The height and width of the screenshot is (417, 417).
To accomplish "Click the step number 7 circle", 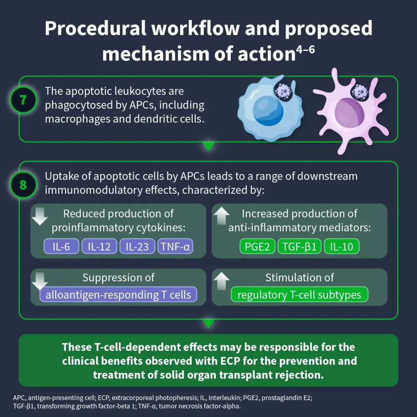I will click(23, 101).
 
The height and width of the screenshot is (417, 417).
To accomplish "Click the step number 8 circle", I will click(23, 184).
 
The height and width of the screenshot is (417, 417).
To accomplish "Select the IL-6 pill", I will click(61, 246).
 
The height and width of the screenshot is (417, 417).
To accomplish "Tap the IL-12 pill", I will click(99, 246).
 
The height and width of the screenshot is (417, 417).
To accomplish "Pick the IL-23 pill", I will click(137, 246).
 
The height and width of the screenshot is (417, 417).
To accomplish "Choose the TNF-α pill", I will click(176, 246).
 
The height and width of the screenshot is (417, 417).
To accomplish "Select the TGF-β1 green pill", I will click(300, 246).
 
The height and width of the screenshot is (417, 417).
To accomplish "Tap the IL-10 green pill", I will click(342, 246).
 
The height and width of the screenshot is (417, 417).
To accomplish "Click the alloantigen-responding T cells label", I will click(118, 295).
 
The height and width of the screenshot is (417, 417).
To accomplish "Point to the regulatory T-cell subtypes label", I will click(299, 295).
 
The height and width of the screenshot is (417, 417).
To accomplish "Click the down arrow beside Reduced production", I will click(40, 216).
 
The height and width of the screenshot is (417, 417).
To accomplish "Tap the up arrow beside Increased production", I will click(221, 216).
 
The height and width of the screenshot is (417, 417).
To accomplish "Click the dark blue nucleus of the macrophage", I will click(268, 110).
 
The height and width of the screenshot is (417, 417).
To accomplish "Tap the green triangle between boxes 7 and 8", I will click(208, 146).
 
